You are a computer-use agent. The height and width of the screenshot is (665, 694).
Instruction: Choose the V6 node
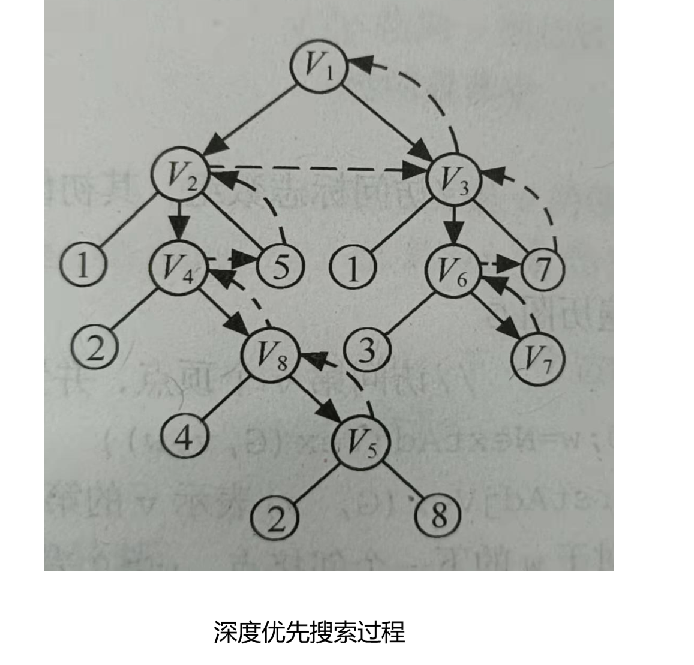(x=452, y=270)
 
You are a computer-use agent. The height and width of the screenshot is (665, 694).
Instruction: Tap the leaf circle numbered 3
(x=367, y=349)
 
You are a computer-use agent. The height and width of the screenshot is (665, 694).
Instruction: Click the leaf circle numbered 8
(x=439, y=514)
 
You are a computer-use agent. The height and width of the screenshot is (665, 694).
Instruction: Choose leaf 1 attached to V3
(x=353, y=267)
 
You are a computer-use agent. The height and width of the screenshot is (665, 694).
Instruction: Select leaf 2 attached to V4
(x=95, y=347)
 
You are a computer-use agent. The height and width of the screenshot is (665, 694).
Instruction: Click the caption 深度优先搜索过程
(x=310, y=632)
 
